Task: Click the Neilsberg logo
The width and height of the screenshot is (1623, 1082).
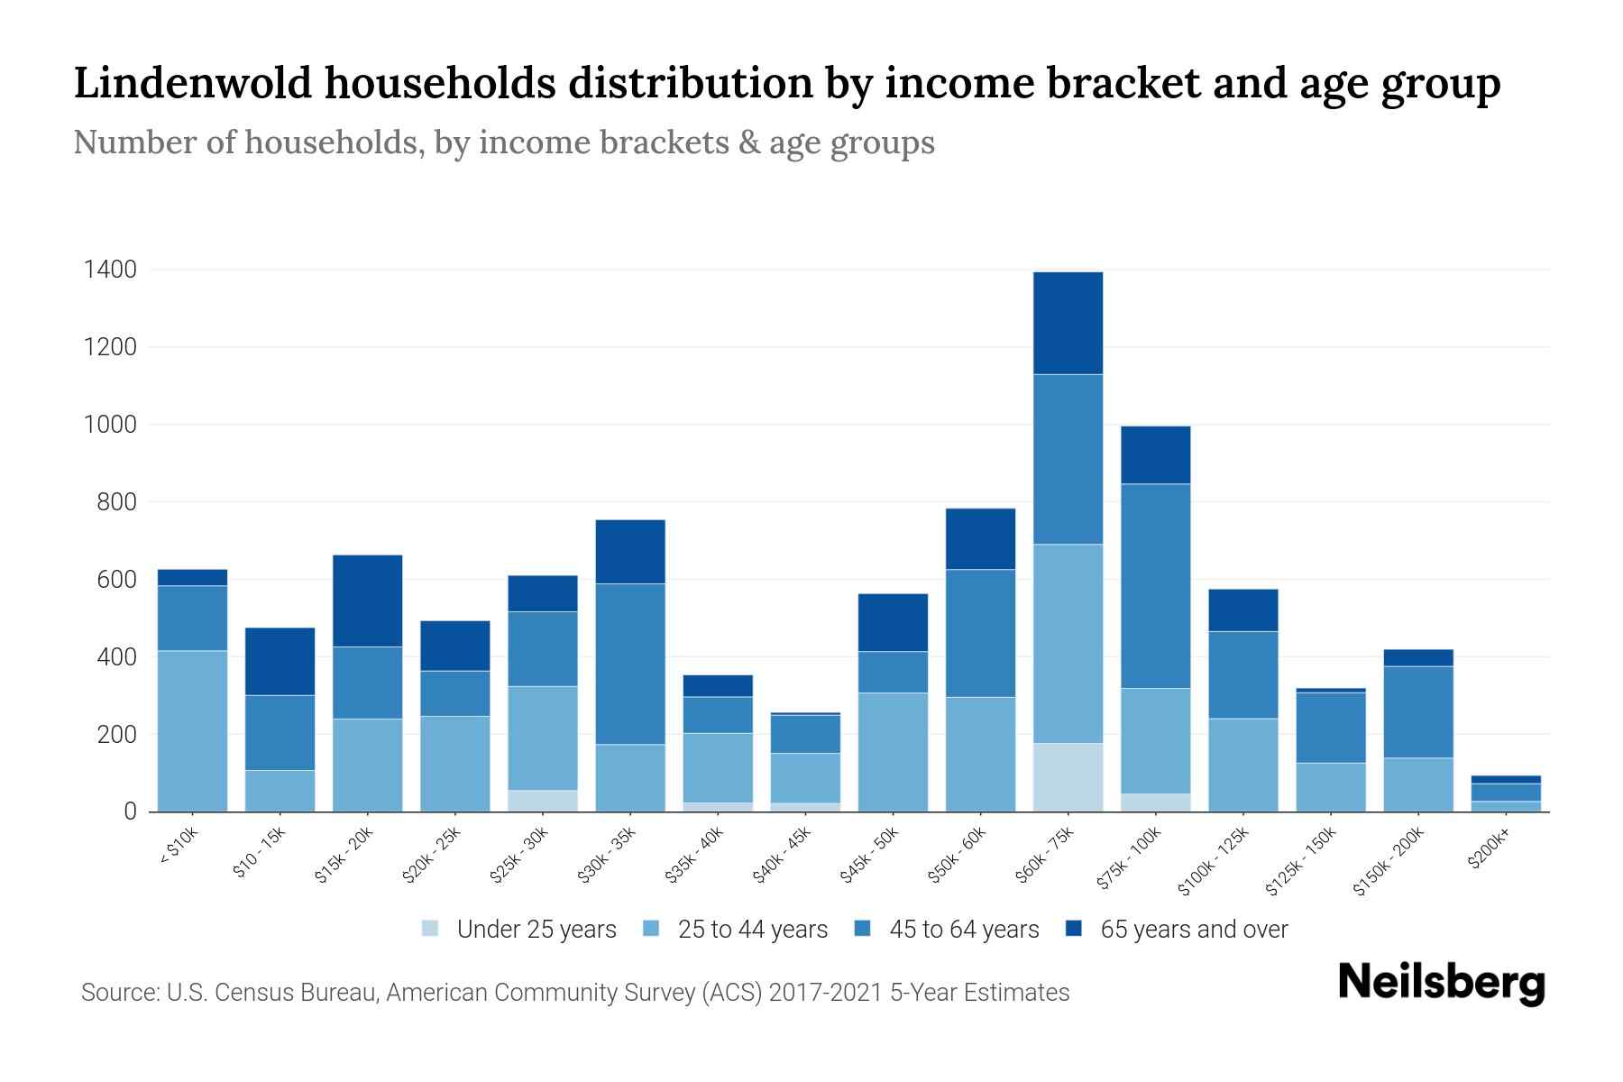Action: [x=1441, y=983]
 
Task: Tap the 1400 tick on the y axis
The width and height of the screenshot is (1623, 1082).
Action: [x=110, y=270]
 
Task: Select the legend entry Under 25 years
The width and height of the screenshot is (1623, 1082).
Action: [x=536, y=930]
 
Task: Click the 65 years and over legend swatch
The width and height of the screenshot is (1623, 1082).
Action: [x=1073, y=929]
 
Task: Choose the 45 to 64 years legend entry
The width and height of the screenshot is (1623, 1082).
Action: [x=963, y=930]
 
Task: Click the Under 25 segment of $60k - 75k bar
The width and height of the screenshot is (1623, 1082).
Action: [x=1068, y=777]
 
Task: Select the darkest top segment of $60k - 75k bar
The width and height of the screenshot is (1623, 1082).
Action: [x=1068, y=323]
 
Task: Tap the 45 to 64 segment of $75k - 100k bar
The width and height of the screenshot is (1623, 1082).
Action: [x=1155, y=586]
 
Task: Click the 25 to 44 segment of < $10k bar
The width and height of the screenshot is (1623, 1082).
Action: [x=192, y=730]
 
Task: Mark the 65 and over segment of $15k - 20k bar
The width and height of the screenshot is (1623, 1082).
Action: [x=367, y=601]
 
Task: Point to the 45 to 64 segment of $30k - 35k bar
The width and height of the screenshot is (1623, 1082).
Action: [x=630, y=664]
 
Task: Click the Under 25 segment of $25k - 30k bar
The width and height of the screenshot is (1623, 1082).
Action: [x=543, y=801]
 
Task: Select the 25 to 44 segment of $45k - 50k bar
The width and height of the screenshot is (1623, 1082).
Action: [x=893, y=752]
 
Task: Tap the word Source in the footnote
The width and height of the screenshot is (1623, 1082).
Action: [x=117, y=993]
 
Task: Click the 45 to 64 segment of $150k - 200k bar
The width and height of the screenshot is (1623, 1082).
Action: [x=1418, y=712]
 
